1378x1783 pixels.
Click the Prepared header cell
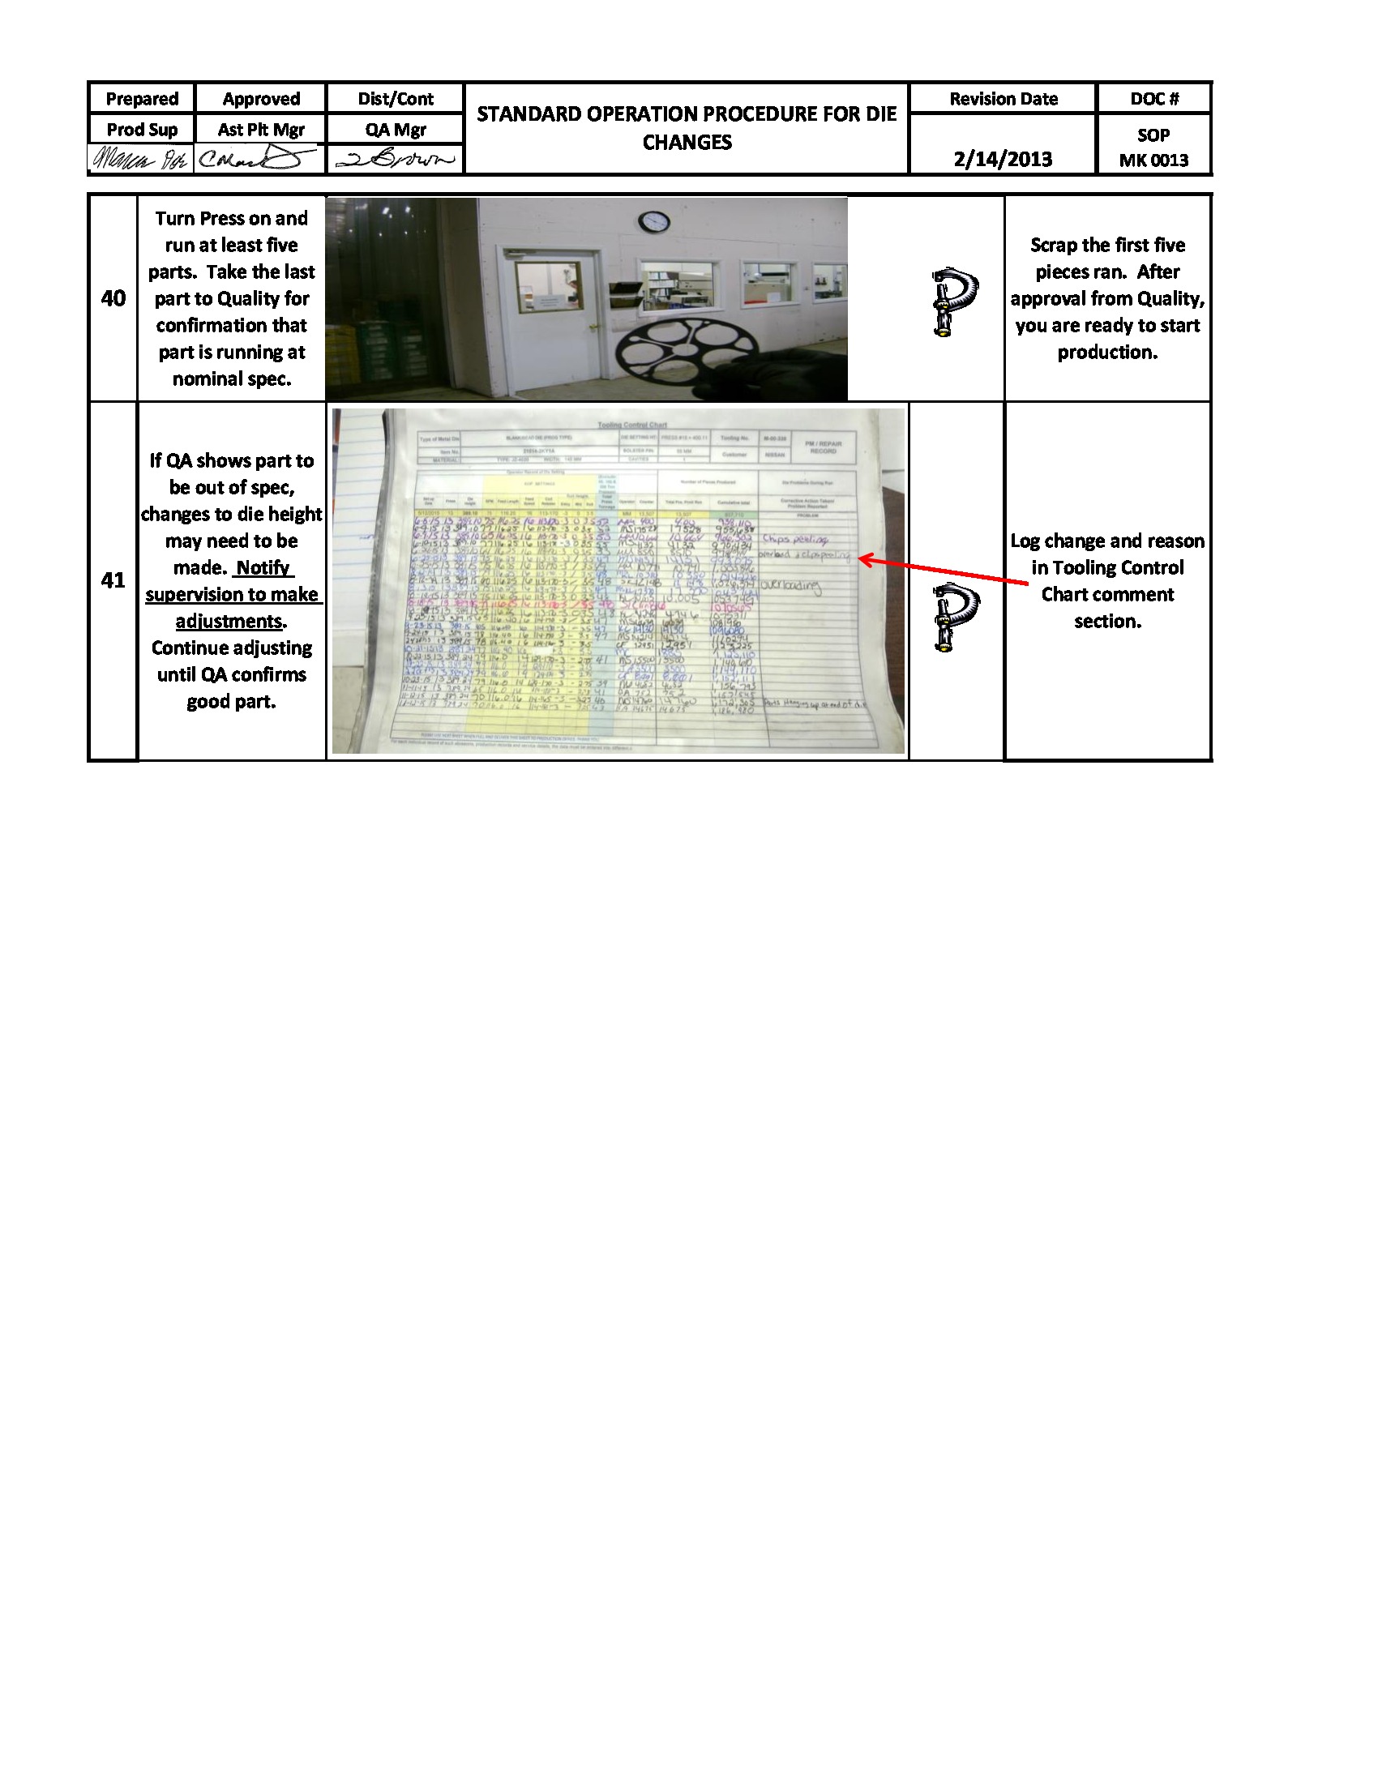click(x=141, y=99)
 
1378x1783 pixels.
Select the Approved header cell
click(x=260, y=99)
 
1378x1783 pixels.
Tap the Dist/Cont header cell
click(x=395, y=99)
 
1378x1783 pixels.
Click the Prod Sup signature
click(x=139, y=158)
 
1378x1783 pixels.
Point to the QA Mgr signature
click(x=395, y=159)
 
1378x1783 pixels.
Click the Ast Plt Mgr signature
click(x=256, y=158)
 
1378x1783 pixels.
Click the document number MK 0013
click(x=1153, y=160)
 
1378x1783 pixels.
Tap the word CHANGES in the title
click(x=687, y=143)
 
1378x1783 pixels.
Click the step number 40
click(x=113, y=298)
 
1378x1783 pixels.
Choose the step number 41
click(x=113, y=580)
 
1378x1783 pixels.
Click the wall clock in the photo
click(x=654, y=221)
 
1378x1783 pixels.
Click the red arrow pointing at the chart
click(x=943, y=571)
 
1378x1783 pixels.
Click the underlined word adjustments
click(x=229, y=622)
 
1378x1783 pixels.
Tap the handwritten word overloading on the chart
click(x=790, y=585)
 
